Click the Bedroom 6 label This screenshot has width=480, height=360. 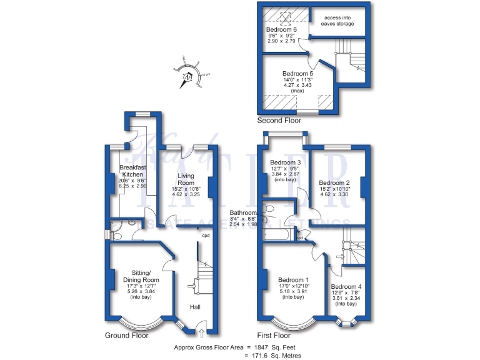coord(281,30)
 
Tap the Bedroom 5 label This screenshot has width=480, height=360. coord(297,74)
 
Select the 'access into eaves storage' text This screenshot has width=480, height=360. coord(337,21)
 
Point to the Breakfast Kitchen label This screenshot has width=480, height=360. coord(132,171)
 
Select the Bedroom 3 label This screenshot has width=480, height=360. coord(285,163)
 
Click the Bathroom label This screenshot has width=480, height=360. coord(243,212)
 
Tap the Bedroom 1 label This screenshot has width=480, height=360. coord(293,279)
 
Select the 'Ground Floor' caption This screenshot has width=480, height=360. coord(126,336)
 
